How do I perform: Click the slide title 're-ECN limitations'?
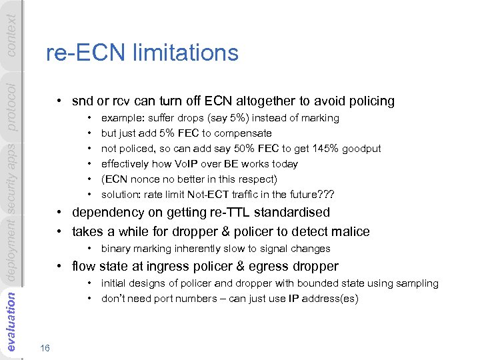point(142,53)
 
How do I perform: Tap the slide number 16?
point(45,348)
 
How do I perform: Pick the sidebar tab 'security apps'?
point(11,177)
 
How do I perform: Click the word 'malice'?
point(349,232)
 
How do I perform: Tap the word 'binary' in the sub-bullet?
point(115,249)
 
